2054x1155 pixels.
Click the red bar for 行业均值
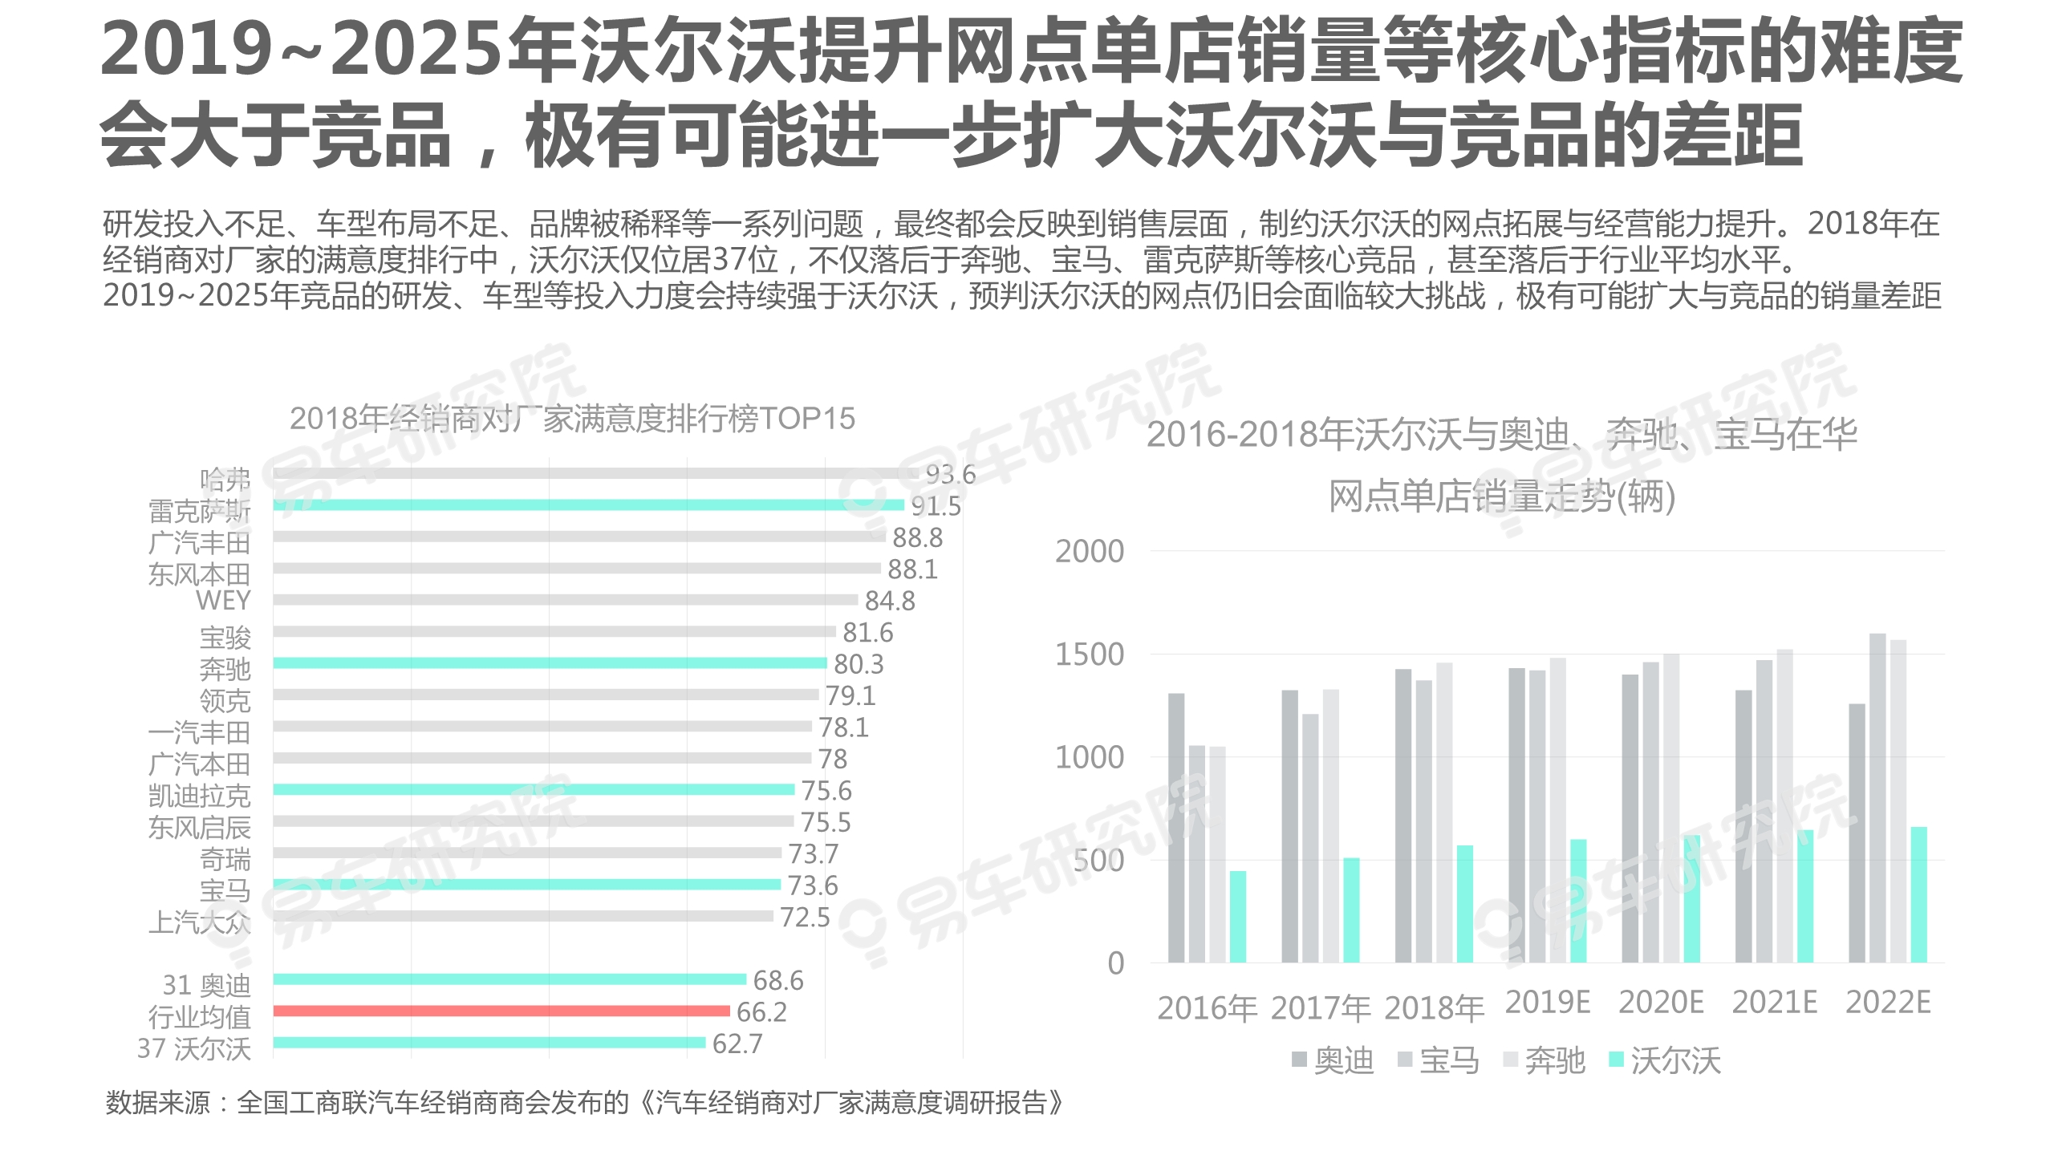501,1011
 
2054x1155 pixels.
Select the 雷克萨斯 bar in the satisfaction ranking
588,505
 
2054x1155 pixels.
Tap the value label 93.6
951,474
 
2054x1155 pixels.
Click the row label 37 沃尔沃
194,1048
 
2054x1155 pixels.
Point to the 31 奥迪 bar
509,979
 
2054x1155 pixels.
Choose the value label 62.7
737,1044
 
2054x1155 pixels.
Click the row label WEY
223,600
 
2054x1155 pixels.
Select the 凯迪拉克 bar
534,789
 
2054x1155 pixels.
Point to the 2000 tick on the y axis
1089,552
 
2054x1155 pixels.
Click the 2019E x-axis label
1547,1003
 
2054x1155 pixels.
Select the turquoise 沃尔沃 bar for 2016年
1238,916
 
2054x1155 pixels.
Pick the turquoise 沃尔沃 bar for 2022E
1918,894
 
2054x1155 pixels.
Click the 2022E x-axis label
1887,1003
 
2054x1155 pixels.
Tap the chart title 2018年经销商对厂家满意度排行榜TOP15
572,419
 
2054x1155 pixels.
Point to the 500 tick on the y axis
1098,861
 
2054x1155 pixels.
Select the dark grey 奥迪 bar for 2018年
1402,816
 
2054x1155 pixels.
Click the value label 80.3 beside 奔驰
859,664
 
